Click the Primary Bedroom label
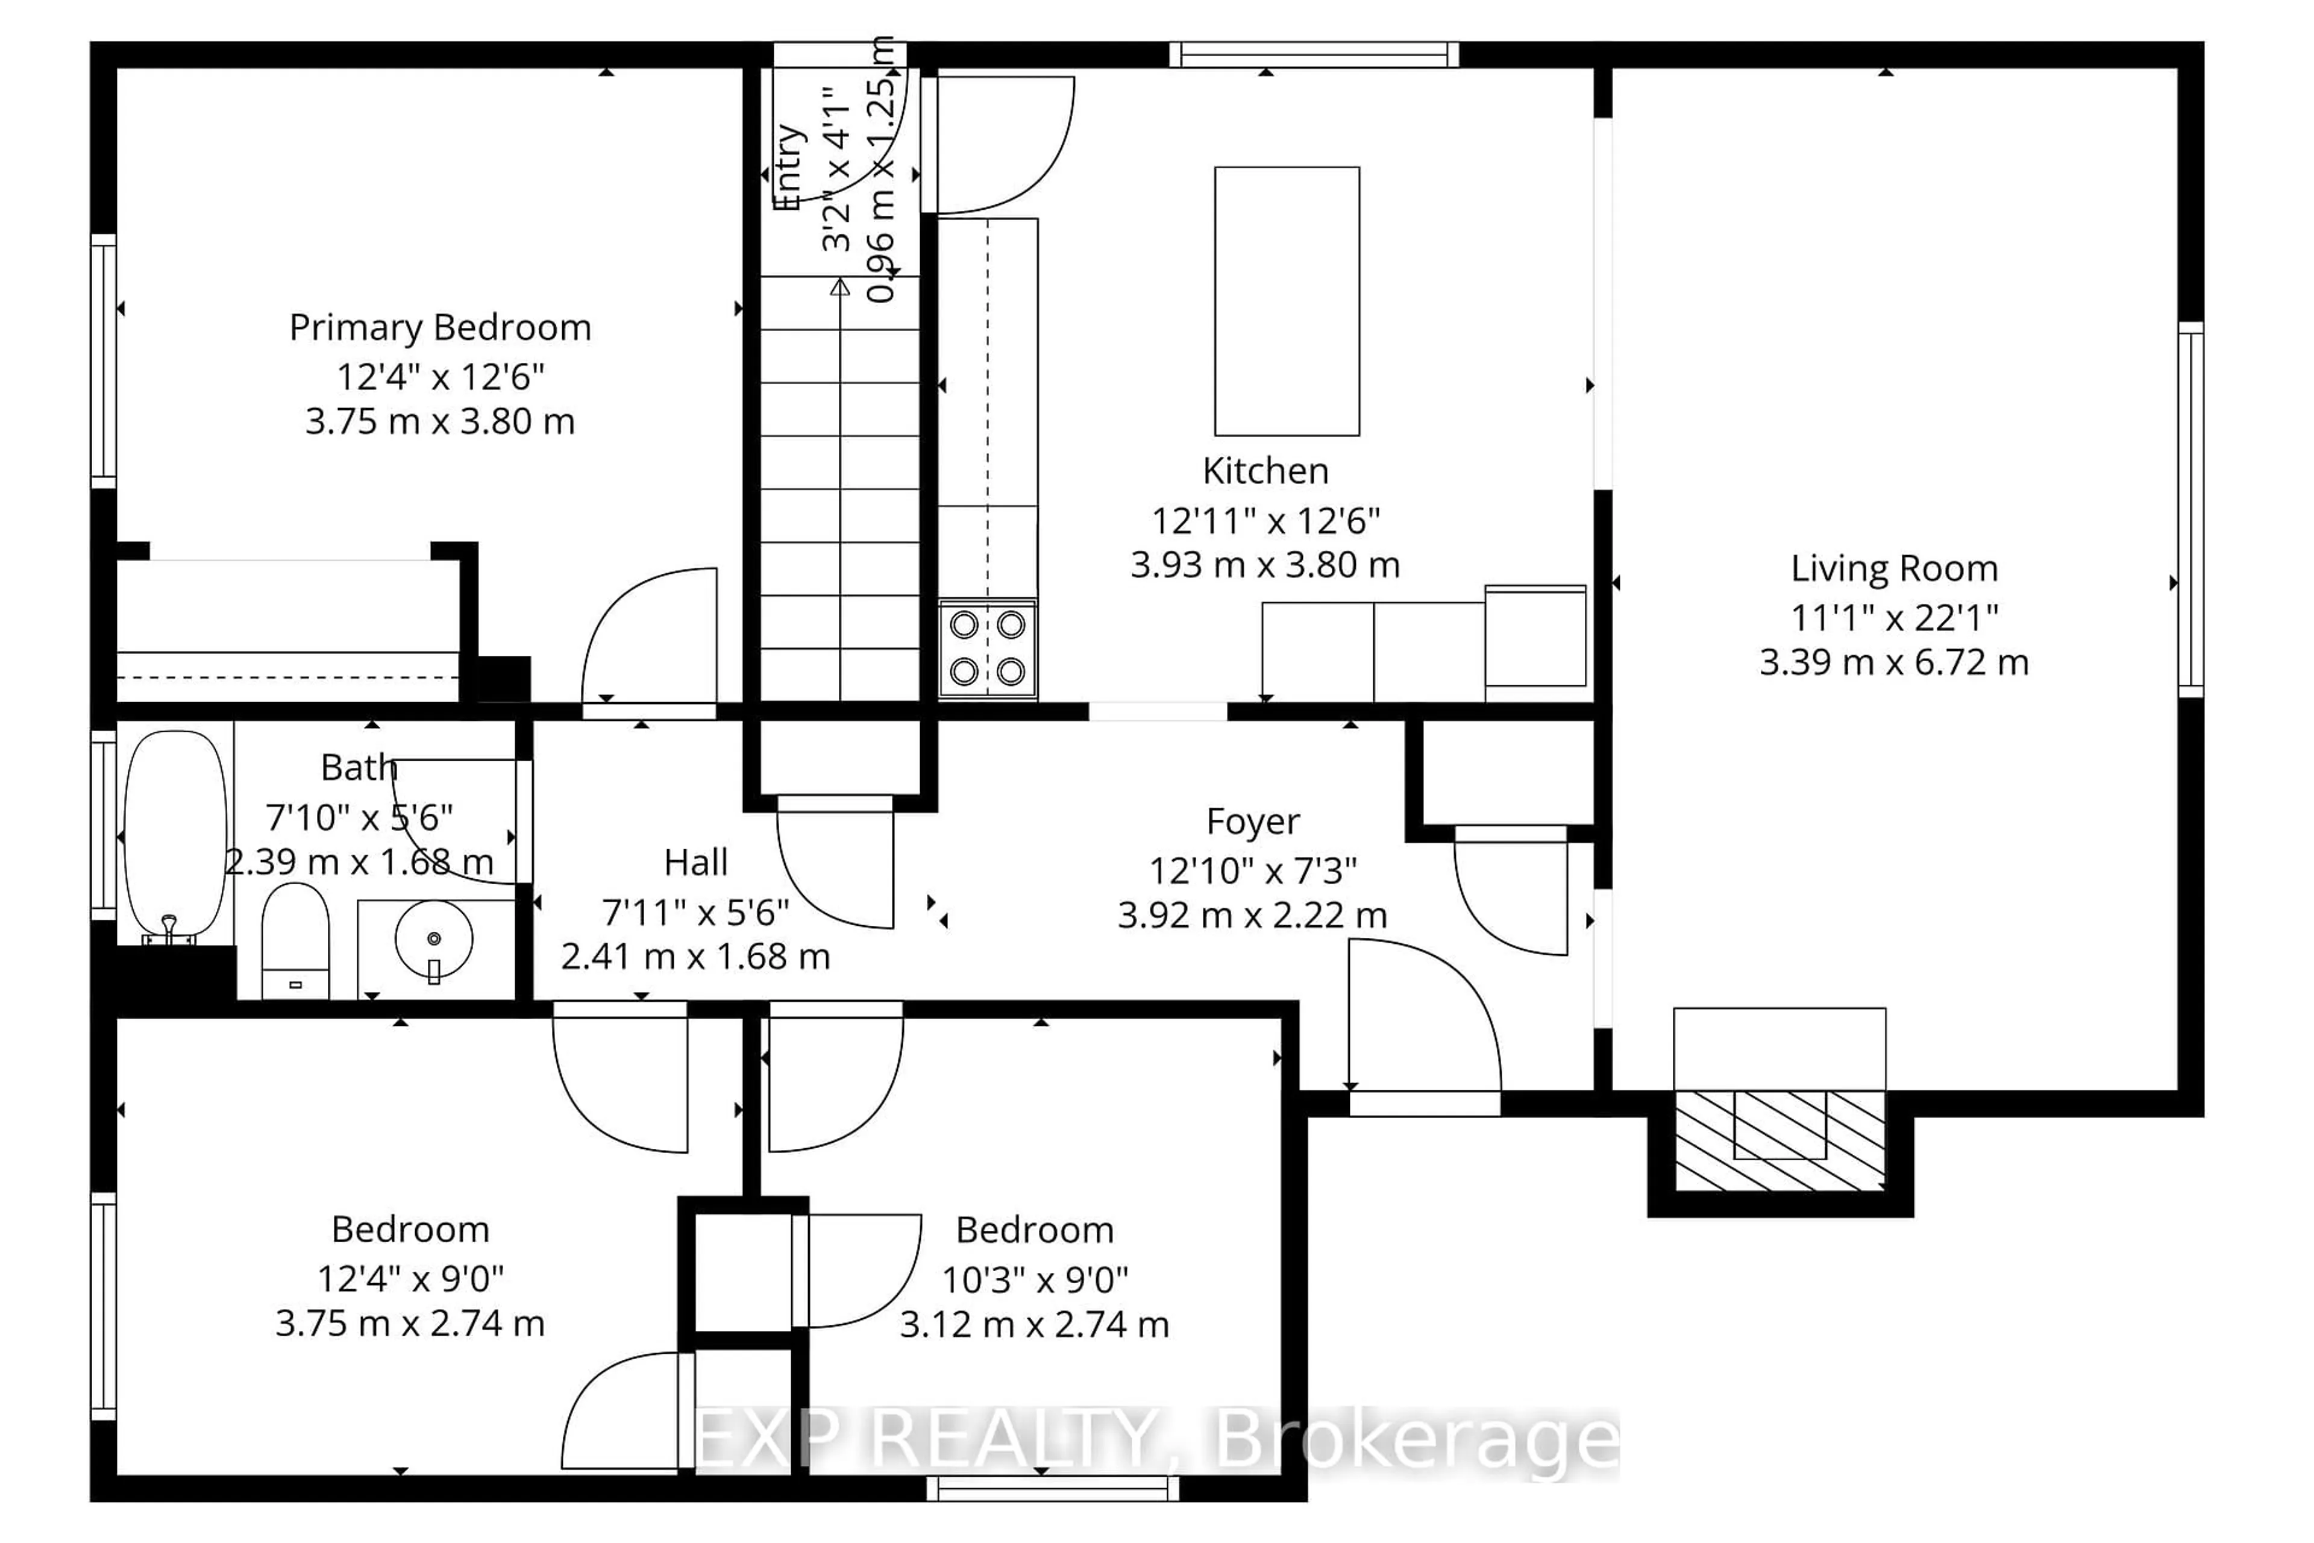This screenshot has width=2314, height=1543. point(440,328)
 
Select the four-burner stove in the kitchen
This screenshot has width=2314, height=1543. point(987,649)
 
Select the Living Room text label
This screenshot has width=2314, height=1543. point(1894,569)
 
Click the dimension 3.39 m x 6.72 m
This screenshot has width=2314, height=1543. point(1894,662)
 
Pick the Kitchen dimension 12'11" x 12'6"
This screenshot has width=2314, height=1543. point(1265,521)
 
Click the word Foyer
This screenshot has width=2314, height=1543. point(1252,822)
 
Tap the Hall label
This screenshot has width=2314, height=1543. point(695,863)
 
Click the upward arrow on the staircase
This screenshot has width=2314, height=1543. point(839,288)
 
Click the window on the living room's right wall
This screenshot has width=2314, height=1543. point(2190,509)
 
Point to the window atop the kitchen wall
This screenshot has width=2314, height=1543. point(1314,54)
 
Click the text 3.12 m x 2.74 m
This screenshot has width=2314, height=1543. point(1034,1325)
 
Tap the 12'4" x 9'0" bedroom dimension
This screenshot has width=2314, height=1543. point(410,1278)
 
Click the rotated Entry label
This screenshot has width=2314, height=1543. point(788,168)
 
